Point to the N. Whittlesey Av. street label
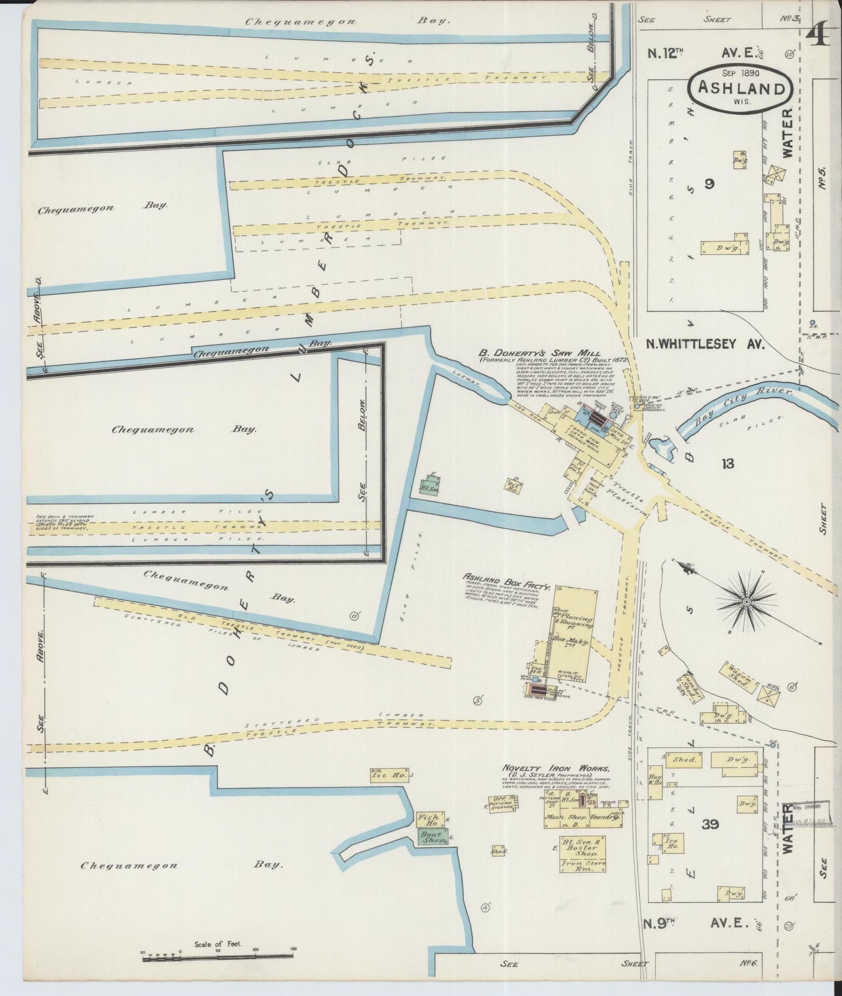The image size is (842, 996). click(x=696, y=344)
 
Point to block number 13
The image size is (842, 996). click(x=727, y=464)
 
